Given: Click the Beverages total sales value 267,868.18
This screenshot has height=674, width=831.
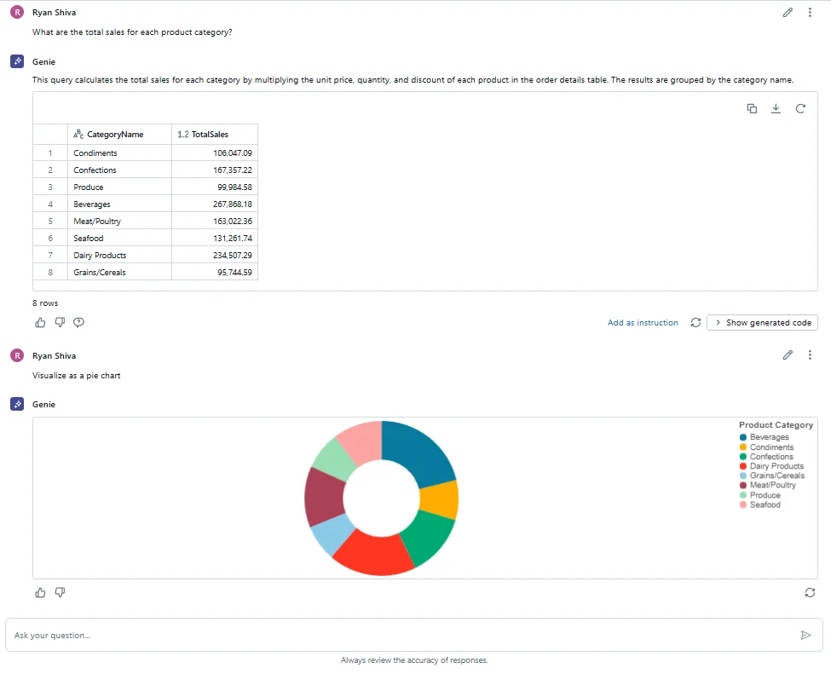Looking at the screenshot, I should tap(232, 205).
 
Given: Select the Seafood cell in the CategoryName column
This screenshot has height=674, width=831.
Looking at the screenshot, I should tap(89, 239).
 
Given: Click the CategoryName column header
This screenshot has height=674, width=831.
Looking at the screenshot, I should tap(115, 135).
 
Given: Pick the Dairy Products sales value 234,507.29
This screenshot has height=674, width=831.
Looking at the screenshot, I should tap(232, 256).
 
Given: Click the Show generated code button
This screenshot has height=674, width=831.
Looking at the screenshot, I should tap(762, 323).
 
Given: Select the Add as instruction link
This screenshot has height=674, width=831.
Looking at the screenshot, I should tap(643, 323).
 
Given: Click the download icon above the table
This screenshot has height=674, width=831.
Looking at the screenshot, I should tap(776, 108).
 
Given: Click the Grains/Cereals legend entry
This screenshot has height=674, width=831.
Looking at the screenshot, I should tap(776, 475).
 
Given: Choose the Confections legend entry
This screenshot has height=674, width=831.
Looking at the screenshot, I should tap(771, 457).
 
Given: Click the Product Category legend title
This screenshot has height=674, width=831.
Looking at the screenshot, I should tap(776, 424).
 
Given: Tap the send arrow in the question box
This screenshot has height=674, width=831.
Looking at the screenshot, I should tap(805, 635).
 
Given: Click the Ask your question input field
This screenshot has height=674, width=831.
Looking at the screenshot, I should tap(401, 635).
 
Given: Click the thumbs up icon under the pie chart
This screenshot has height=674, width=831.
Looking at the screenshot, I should tap(40, 592).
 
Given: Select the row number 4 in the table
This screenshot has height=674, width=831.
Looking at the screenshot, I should tap(50, 205).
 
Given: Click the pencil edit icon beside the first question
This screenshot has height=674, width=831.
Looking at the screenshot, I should tap(788, 12).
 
